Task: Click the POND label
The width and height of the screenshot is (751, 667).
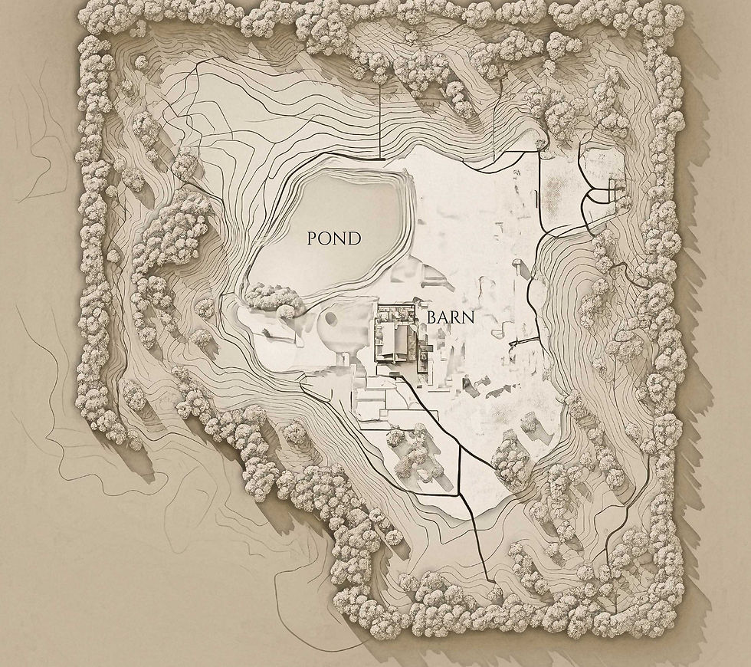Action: [x=333, y=238]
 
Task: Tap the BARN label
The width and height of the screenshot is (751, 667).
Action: [x=451, y=317]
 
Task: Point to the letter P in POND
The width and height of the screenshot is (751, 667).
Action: [x=313, y=238]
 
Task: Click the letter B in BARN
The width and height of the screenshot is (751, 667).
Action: [x=431, y=317]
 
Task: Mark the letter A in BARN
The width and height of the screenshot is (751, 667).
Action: [x=444, y=317]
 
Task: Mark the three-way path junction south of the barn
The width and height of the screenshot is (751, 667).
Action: [x=459, y=445]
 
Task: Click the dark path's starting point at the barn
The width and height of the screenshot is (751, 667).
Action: [x=395, y=374]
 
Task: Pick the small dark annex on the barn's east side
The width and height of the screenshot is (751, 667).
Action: [x=423, y=354]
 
